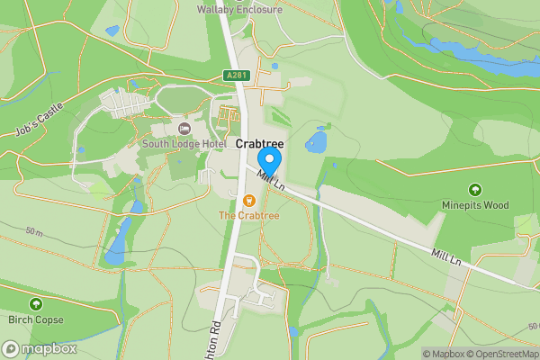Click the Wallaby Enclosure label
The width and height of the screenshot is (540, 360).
tap(239, 10)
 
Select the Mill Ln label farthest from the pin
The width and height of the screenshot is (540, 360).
tap(445, 257)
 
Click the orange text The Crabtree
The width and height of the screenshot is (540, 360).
tap(249, 215)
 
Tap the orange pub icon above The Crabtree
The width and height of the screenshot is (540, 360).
tap(249, 199)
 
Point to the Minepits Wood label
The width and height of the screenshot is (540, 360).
tap(475, 205)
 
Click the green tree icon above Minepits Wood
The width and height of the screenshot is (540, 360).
tap(475, 190)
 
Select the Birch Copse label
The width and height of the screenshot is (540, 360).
tap(35, 319)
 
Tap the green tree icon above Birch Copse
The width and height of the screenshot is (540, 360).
tap(35, 304)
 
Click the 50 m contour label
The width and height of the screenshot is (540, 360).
tap(34, 232)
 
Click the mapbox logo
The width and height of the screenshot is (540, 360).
tap(39, 348)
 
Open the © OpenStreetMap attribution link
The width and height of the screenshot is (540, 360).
tap(505, 354)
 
